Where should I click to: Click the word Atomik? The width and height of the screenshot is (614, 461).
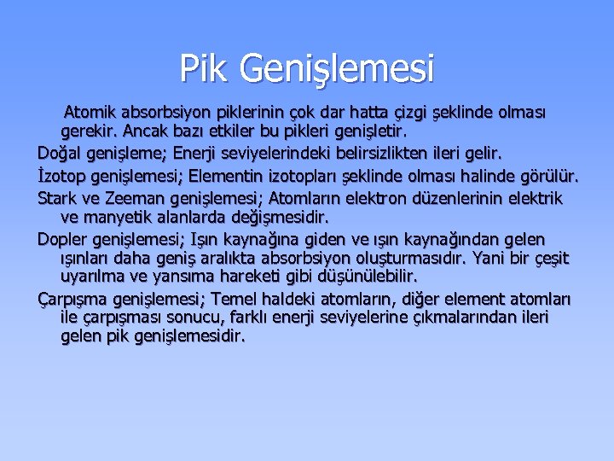click(92, 112)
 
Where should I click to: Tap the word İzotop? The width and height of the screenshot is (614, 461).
click(61, 177)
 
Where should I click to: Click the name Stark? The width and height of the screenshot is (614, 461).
click(57, 198)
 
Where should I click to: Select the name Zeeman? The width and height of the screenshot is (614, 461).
click(134, 198)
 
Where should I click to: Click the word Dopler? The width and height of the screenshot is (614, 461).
click(62, 239)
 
